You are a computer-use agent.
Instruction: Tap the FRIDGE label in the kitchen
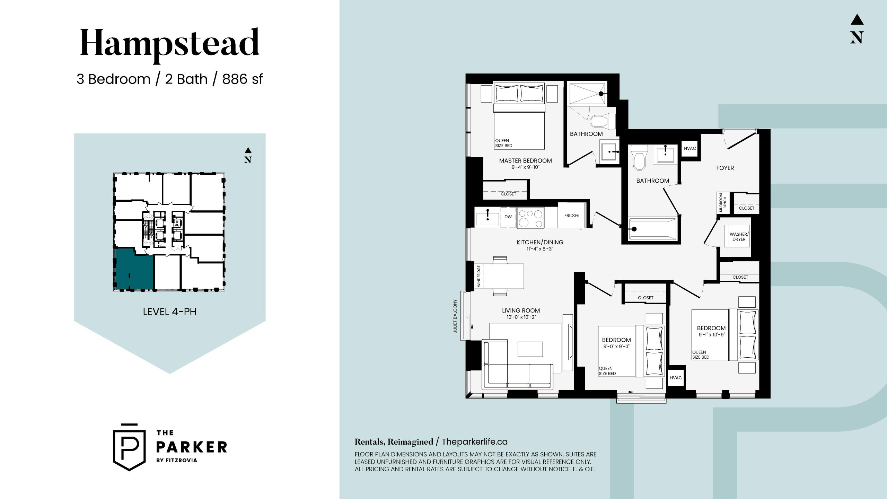coord(571,216)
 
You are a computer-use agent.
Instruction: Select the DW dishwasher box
coord(508,217)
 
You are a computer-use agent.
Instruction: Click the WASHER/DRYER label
coord(739,237)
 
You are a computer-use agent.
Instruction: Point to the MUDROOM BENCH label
coord(723,202)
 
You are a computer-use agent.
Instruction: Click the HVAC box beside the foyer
coord(690,149)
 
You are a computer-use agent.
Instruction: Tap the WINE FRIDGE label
coord(479,276)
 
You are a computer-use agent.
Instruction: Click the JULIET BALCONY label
coord(455,316)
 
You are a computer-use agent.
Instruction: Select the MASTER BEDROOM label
coord(525,161)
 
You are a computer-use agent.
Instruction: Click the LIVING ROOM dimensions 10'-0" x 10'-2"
coord(521,317)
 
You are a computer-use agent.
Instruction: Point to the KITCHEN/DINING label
coord(540,242)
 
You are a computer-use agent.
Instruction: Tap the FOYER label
coord(725,168)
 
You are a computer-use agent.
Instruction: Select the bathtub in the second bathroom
coord(653,229)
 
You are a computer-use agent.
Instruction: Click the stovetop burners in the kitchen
coord(530,218)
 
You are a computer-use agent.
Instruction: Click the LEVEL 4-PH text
coord(170,312)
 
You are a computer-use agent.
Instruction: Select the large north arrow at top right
coord(857,29)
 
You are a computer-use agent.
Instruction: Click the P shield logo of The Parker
coord(129,447)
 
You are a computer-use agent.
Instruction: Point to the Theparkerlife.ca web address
coord(475,442)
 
